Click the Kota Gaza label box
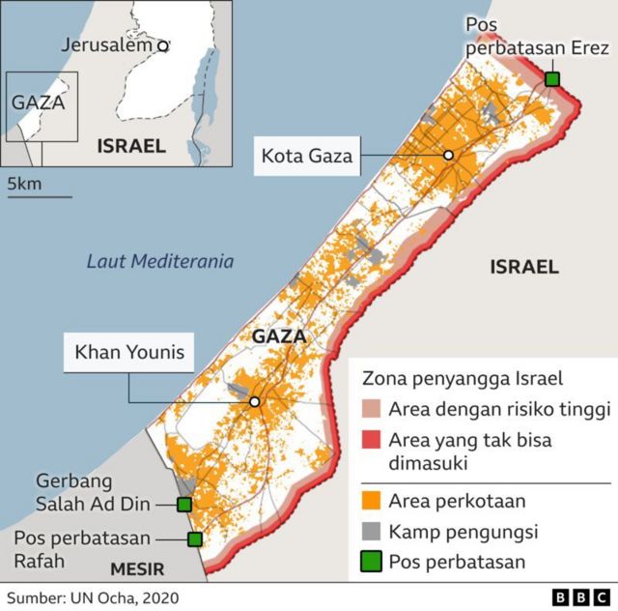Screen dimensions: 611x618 click(x=304, y=155)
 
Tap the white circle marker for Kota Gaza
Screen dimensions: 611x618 click(x=448, y=156)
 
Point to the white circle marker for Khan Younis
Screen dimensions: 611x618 click(x=254, y=401)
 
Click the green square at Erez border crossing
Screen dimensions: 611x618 click(x=551, y=78)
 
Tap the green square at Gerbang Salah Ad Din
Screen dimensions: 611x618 click(x=183, y=504)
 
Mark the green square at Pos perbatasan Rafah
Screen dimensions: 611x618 click(x=194, y=539)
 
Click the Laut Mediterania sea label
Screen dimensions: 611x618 click(x=160, y=261)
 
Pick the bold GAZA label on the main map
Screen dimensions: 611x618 click(x=278, y=336)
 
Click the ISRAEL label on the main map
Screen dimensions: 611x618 click(x=523, y=267)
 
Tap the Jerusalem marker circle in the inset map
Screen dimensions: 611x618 click(x=163, y=44)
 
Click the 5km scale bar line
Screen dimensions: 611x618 click(x=40, y=197)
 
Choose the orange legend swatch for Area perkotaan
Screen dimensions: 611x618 click(x=372, y=500)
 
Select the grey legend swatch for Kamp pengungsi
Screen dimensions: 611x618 click(x=372, y=531)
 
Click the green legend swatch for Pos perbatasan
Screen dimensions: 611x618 click(x=372, y=561)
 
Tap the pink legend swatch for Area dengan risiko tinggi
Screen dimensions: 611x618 click(x=372, y=410)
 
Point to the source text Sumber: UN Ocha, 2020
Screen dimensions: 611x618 click(x=93, y=597)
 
